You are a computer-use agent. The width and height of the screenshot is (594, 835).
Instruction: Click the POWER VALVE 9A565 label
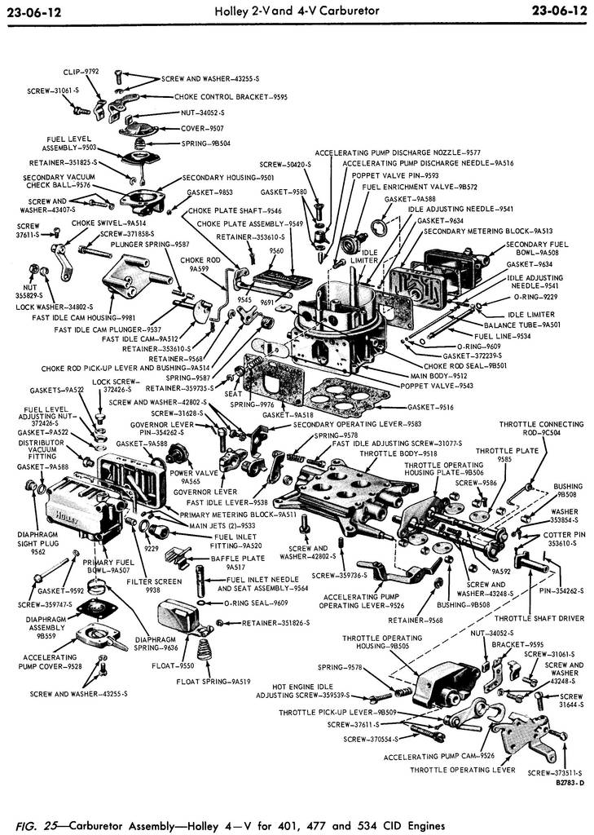tap(192, 476)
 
